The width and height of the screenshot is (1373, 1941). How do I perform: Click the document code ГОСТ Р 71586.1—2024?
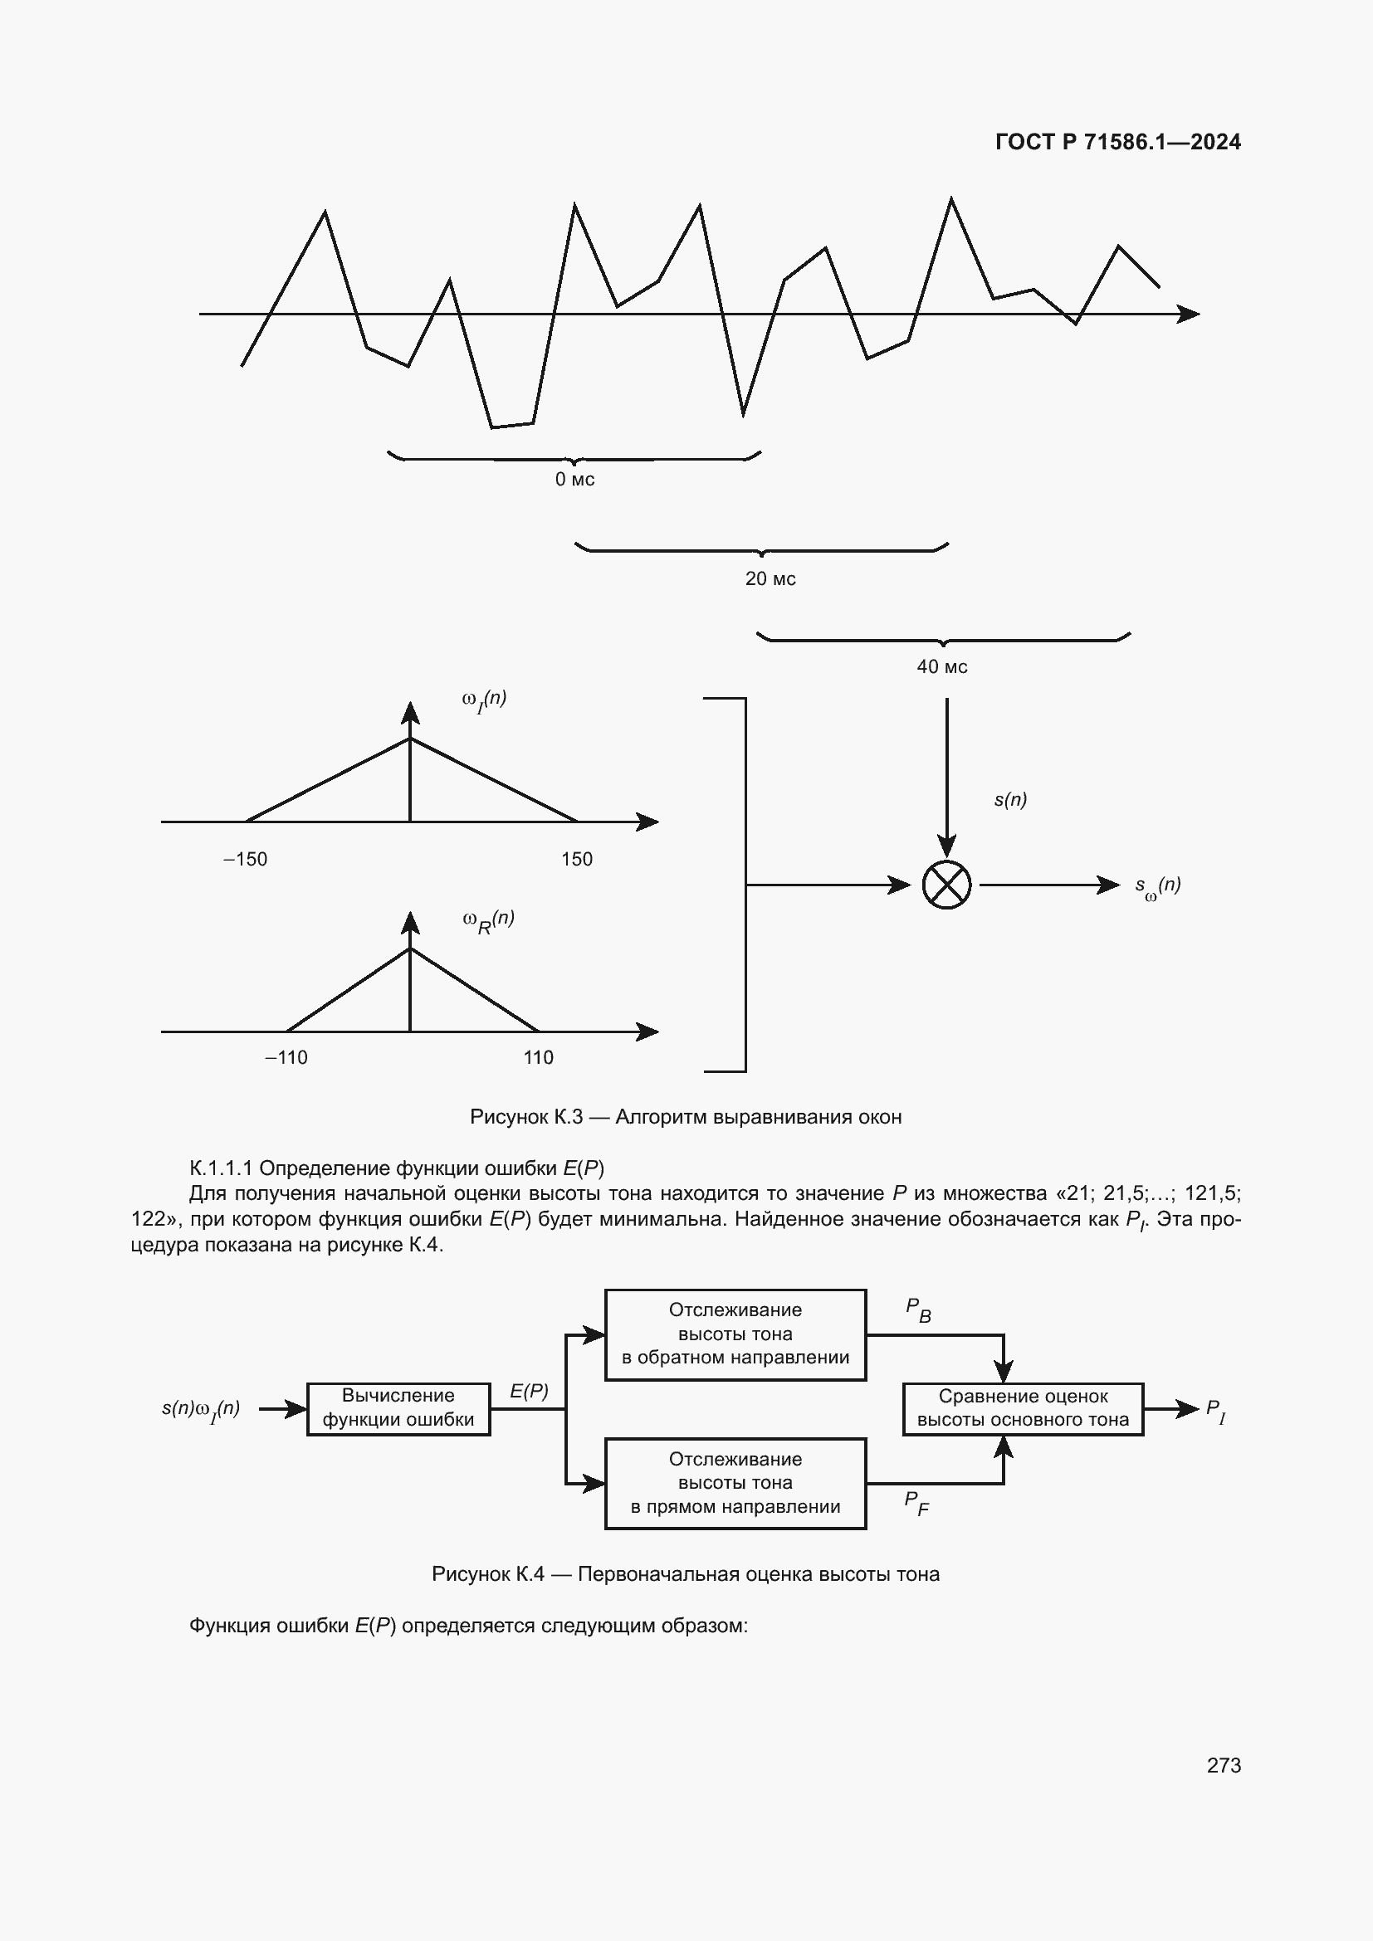click(x=1116, y=142)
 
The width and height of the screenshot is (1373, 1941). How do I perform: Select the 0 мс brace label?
click(x=574, y=480)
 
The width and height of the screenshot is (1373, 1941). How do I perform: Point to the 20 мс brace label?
click(x=770, y=579)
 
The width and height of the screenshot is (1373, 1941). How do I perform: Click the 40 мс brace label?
click(x=942, y=667)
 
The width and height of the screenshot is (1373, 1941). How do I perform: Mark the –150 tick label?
click(x=245, y=860)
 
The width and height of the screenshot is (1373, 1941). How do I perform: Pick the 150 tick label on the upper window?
click(x=577, y=860)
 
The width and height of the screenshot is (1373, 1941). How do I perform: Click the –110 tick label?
click(x=286, y=1057)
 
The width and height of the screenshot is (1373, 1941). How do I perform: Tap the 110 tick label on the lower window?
click(x=539, y=1057)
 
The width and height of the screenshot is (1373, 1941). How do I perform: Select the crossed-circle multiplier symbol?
click(x=946, y=885)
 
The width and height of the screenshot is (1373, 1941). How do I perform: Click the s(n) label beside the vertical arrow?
click(x=1010, y=800)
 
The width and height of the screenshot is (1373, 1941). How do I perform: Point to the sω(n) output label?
click(x=1157, y=887)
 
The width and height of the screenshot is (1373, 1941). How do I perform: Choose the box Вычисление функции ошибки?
click(x=398, y=1409)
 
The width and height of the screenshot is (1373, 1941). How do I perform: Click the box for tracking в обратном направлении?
click(x=735, y=1334)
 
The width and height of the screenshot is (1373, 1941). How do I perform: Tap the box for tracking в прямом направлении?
click(x=735, y=1483)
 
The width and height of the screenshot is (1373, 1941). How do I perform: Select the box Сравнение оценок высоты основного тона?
click(x=1023, y=1409)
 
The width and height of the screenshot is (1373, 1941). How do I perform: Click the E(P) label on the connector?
click(x=530, y=1392)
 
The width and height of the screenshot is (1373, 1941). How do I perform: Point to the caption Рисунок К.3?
click(x=686, y=1117)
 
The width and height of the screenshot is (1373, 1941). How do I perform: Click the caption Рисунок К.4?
click(x=686, y=1574)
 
